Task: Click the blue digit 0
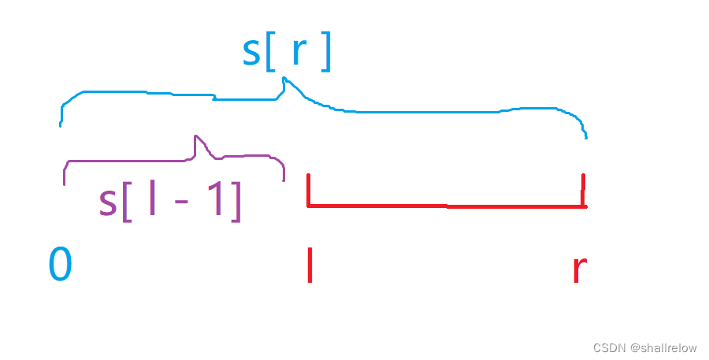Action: point(60,265)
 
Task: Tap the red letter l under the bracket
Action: point(310,265)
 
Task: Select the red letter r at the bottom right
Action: point(579,270)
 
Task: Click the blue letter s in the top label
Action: point(251,54)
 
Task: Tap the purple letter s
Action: point(108,202)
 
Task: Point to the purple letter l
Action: point(152,201)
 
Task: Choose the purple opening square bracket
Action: point(127,202)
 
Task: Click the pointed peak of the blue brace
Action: point(285,79)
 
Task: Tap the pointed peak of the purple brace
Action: point(195,137)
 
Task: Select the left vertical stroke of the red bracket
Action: point(308,190)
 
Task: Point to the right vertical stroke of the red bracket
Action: point(583,191)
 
